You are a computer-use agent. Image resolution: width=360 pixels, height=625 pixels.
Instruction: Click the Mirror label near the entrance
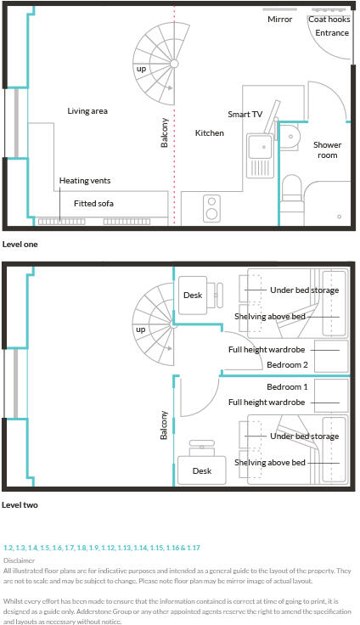point(279,20)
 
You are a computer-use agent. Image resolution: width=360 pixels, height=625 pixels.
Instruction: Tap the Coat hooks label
point(329,20)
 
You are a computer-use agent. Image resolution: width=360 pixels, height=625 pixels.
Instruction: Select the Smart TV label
point(245,114)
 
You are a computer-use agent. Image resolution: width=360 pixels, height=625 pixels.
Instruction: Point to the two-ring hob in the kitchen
point(211,208)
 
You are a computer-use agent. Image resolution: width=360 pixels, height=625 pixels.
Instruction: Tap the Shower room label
point(327,149)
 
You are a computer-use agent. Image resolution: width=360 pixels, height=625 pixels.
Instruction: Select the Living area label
point(87,110)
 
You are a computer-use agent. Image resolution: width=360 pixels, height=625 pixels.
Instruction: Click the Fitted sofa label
point(93,203)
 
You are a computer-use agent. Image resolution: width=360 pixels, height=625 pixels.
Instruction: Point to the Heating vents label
point(85,181)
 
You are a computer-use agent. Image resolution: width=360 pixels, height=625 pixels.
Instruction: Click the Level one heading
point(20,245)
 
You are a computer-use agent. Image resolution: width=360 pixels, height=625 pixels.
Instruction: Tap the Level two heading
point(20,505)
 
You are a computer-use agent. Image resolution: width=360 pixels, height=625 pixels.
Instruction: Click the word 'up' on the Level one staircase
point(141,69)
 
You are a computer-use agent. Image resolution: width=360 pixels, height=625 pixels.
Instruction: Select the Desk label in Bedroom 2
point(193,295)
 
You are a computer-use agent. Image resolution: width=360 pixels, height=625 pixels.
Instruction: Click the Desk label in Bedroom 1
point(202,470)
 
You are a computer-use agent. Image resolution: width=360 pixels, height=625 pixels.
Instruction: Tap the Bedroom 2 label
point(287,364)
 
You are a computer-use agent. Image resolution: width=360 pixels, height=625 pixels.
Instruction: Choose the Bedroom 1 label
point(287,386)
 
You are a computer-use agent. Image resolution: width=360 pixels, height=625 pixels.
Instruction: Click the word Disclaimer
point(19,560)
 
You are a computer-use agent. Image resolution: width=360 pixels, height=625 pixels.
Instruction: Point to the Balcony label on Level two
point(164,425)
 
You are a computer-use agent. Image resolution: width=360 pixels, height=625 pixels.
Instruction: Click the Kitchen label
point(210,133)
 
